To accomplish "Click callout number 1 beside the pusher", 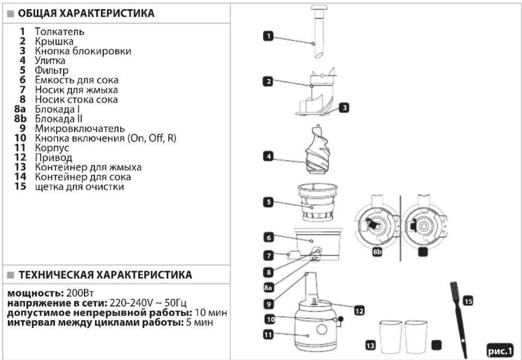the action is [x=268, y=36].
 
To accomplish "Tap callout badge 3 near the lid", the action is [x=344, y=108].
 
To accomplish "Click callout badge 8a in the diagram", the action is [x=268, y=288].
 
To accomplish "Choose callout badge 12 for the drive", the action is [x=359, y=311].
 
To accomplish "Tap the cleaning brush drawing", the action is [x=459, y=319].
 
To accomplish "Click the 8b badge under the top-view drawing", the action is [x=377, y=252].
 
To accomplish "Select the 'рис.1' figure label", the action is [x=500, y=351].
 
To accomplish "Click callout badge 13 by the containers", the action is [x=370, y=346].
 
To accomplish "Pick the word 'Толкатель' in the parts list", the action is [x=60, y=32].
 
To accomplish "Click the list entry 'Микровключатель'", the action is [x=80, y=129].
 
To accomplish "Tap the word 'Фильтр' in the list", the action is [x=51, y=70].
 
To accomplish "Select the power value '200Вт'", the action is [x=80, y=293].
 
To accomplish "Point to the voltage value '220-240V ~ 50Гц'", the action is [x=148, y=303].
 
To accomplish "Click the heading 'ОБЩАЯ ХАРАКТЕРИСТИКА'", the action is [x=86, y=13].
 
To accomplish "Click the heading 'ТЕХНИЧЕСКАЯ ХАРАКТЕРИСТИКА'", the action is [x=105, y=275].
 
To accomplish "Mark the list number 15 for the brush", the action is [x=20, y=186].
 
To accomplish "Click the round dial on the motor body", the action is [x=322, y=329].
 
